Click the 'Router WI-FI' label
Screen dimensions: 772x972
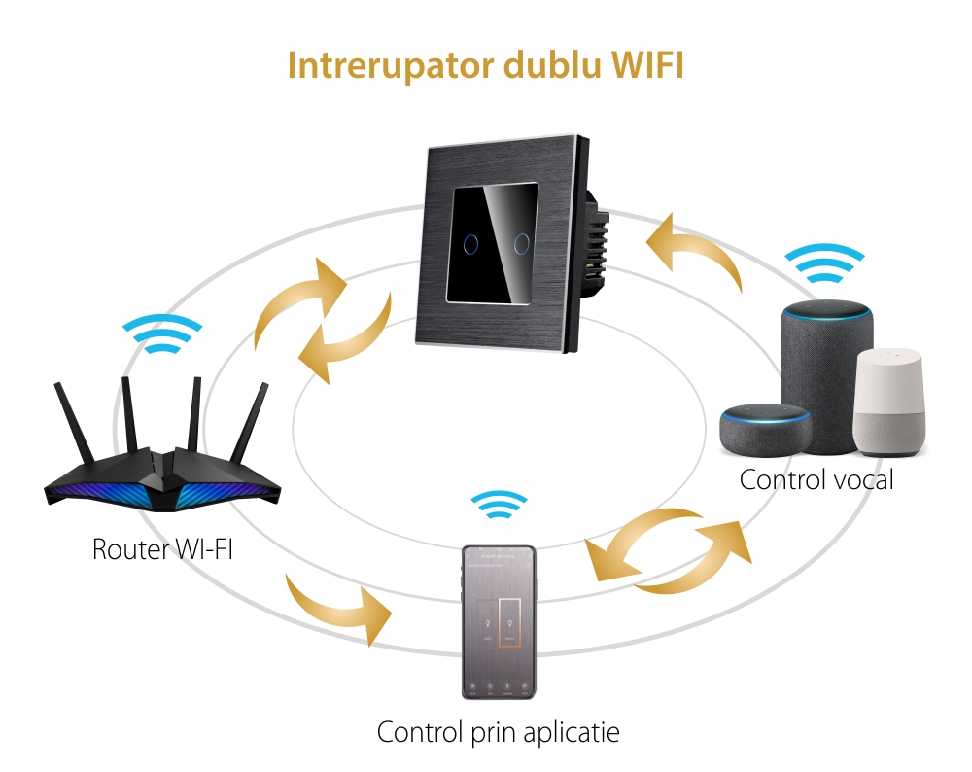click(162, 548)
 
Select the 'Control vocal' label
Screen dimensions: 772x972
click(816, 479)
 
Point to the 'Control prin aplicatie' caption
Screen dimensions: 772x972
click(498, 732)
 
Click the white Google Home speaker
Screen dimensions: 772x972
click(889, 399)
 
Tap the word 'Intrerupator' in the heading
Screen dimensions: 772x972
click(389, 65)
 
